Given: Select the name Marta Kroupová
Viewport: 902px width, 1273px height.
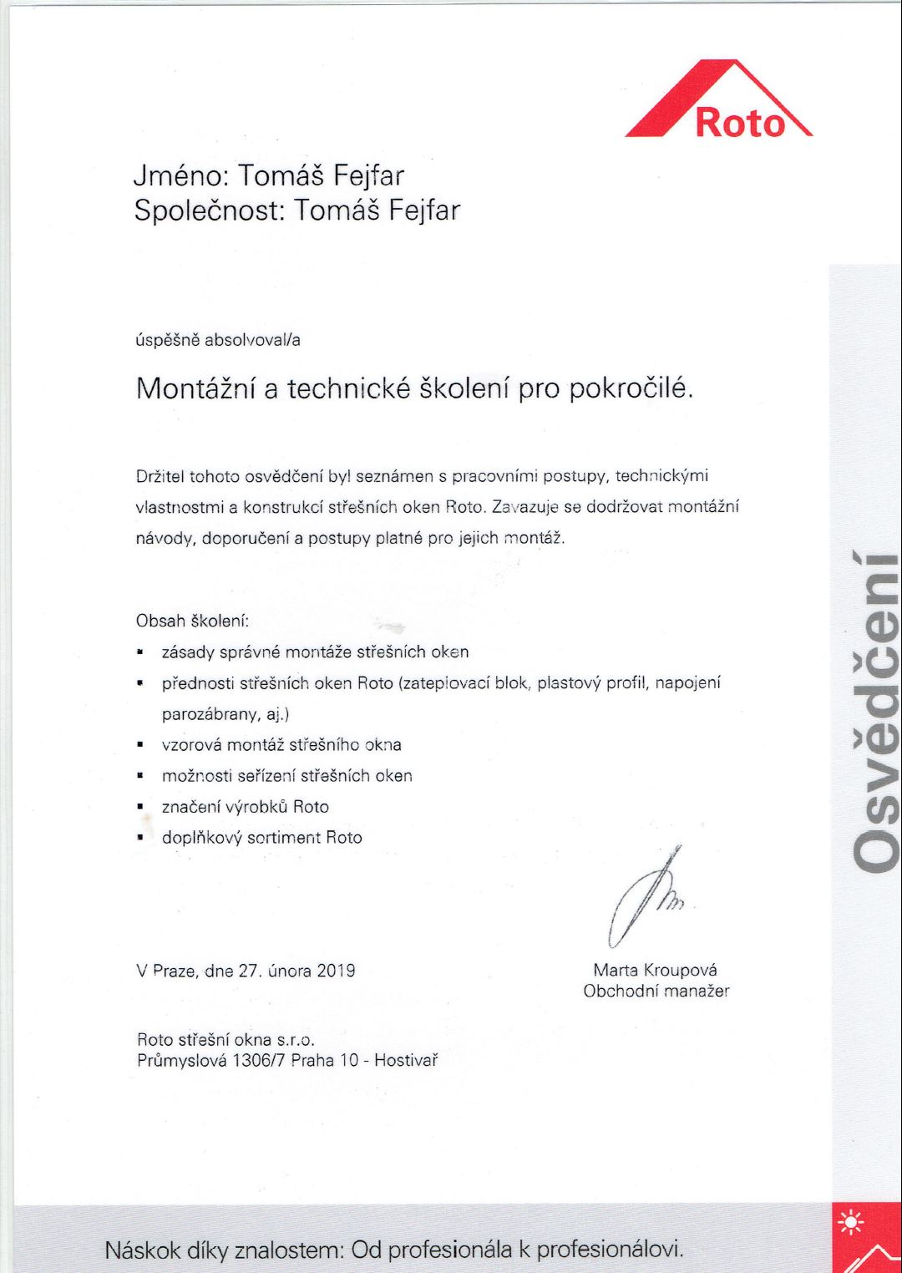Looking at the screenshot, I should (655, 970).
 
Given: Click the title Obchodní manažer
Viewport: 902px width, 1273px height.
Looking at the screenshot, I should (656, 992).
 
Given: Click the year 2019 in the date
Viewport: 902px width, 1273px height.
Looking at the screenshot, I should (336, 971).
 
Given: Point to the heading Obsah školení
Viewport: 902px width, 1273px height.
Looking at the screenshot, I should (192, 621).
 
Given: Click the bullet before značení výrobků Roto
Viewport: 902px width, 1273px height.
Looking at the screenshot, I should (141, 807).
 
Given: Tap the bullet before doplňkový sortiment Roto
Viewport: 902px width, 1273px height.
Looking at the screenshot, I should (141, 838).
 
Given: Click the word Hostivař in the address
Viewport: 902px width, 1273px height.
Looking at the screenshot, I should (406, 1061).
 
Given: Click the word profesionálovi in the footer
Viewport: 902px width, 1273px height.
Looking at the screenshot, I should (610, 1250).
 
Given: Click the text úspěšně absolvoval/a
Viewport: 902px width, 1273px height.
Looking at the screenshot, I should (218, 340).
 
